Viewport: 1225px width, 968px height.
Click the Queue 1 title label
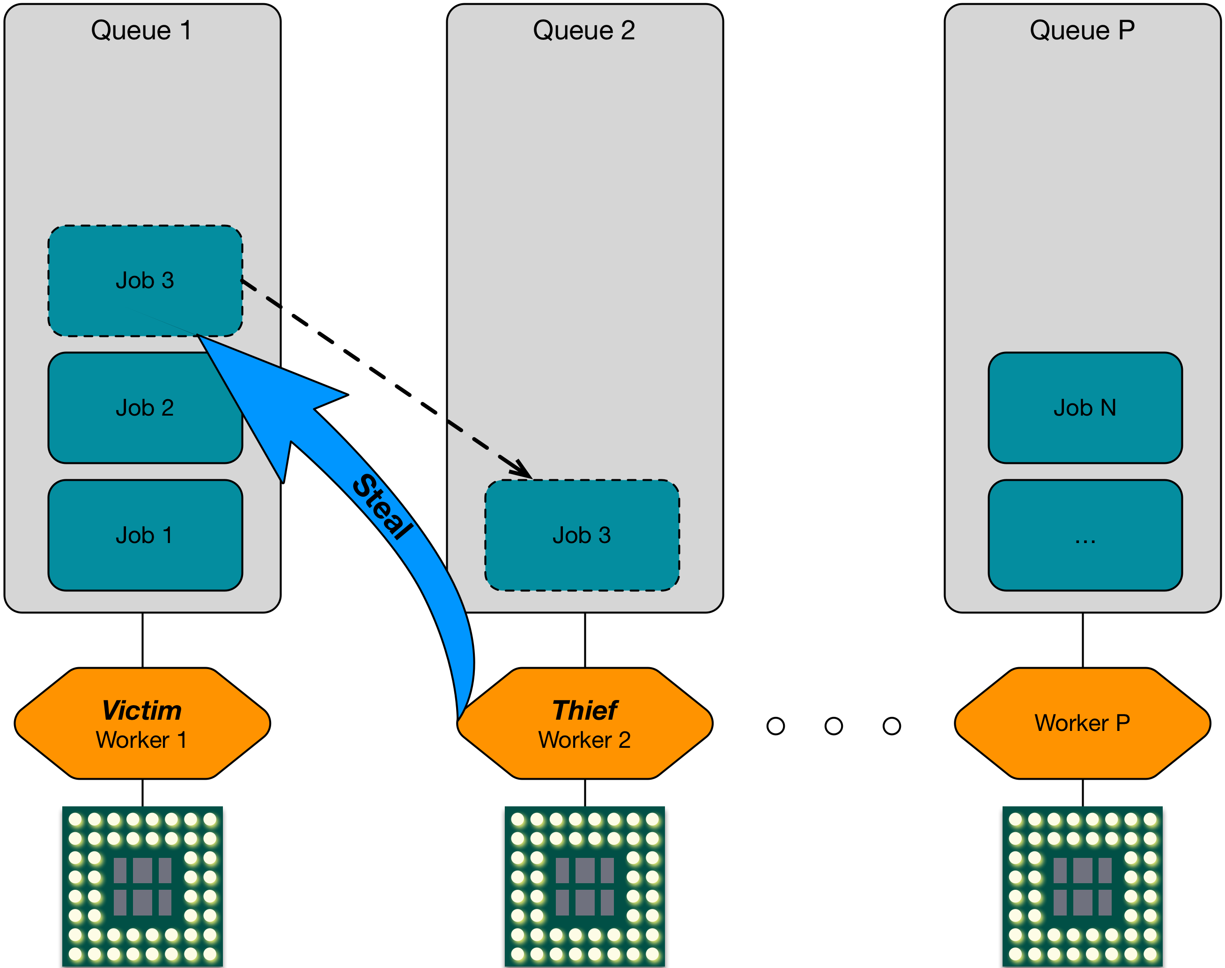click(141, 30)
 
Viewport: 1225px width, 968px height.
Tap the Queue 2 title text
click(584, 30)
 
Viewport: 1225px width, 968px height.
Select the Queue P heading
click(1082, 30)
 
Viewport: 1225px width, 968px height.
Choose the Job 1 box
click(145, 535)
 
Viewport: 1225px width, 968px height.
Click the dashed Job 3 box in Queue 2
click(582, 535)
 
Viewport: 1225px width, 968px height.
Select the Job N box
click(1085, 408)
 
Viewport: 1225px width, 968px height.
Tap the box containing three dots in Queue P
click(1085, 535)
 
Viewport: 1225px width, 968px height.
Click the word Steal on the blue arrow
click(382, 506)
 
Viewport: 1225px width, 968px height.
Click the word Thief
click(585, 710)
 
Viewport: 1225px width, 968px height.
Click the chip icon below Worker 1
click(142, 886)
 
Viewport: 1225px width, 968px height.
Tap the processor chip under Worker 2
click(585, 886)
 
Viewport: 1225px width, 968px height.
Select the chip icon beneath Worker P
click(1082, 886)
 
